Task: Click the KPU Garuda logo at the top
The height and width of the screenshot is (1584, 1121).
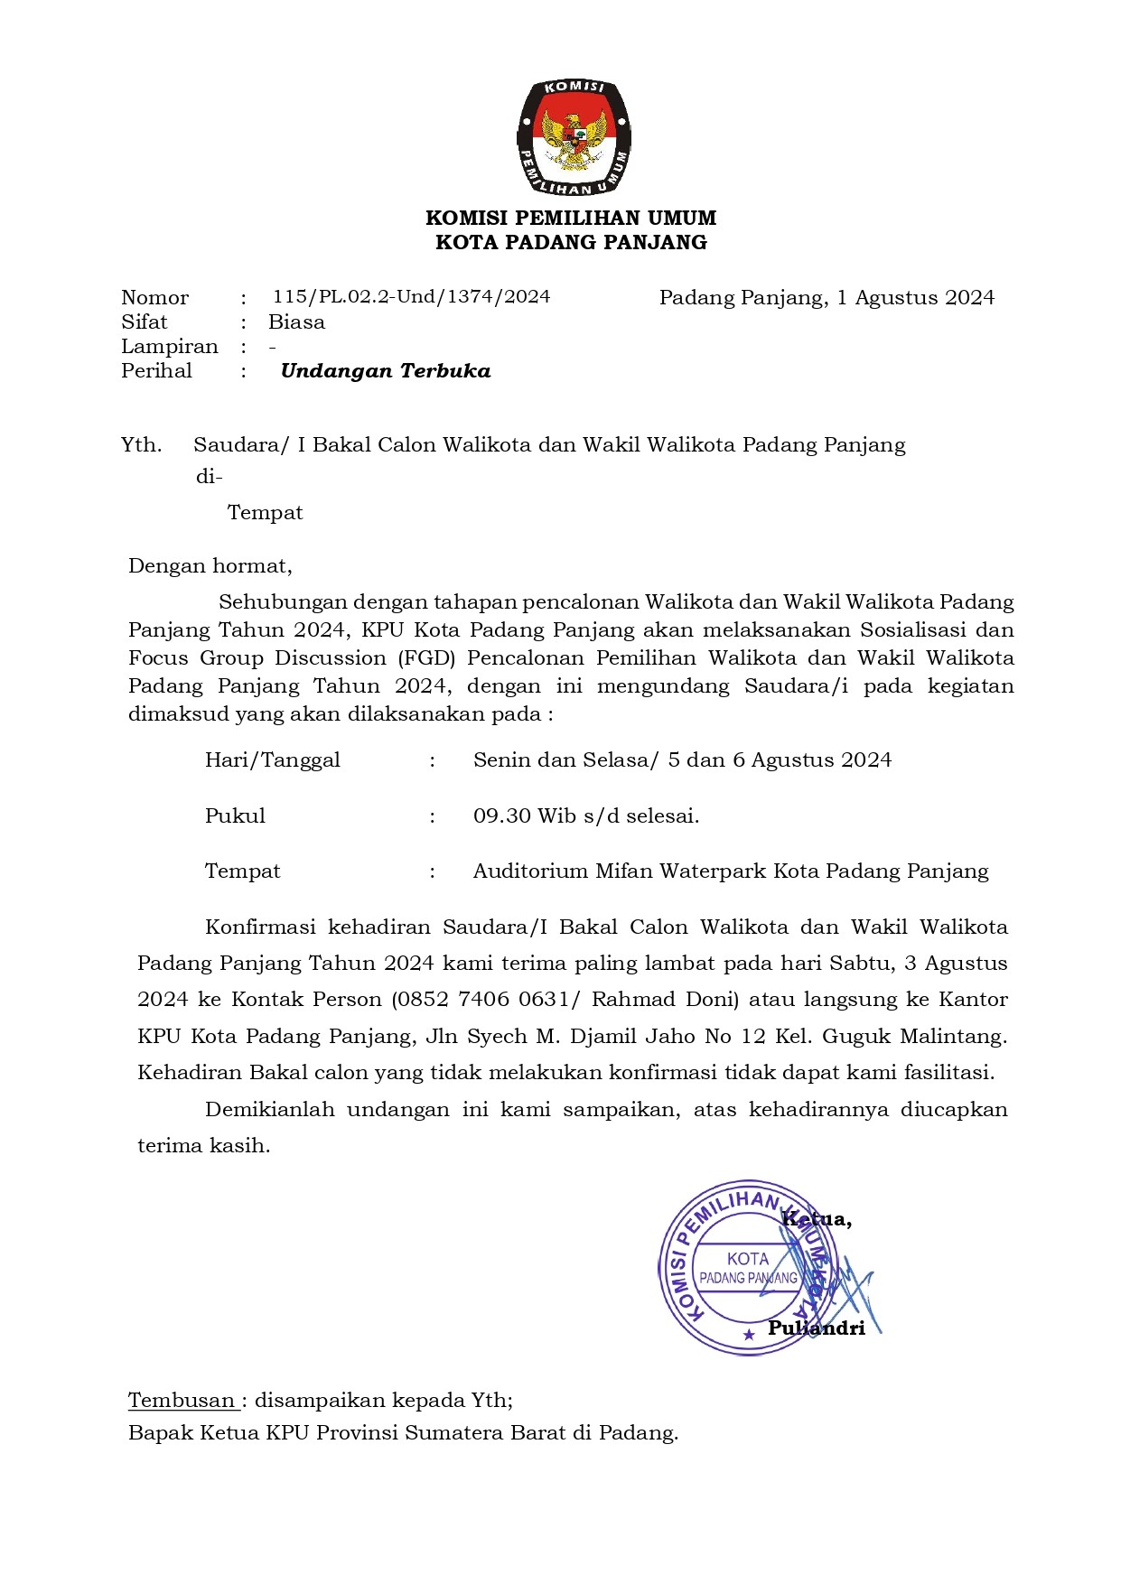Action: pos(574,137)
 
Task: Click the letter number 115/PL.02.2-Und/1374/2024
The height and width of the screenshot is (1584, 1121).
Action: pos(411,297)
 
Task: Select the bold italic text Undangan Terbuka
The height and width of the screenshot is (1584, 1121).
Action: pos(386,370)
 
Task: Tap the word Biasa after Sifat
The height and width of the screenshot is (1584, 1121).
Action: pos(296,322)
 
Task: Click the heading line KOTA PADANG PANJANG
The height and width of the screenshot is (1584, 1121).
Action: pos(571,242)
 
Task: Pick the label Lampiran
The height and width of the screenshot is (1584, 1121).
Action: pos(170,347)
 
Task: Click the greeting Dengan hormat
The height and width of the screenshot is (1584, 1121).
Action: pos(210,566)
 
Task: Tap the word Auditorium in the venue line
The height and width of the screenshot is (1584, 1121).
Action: pos(531,871)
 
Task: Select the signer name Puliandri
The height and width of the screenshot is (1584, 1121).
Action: pos(816,1328)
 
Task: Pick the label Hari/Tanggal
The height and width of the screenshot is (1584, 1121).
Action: pos(272,760)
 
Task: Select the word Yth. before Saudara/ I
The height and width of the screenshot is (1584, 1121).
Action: pos(142,445)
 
